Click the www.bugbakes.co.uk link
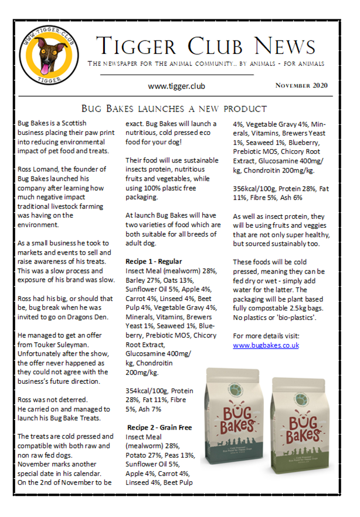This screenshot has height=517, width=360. point(266,345)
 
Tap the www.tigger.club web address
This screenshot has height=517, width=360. point(176,86)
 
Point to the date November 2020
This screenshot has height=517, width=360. point(301,86)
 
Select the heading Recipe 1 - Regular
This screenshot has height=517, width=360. point(154,261)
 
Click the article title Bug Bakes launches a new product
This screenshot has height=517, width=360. point(174,109)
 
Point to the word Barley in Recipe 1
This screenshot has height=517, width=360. point(137,280)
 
